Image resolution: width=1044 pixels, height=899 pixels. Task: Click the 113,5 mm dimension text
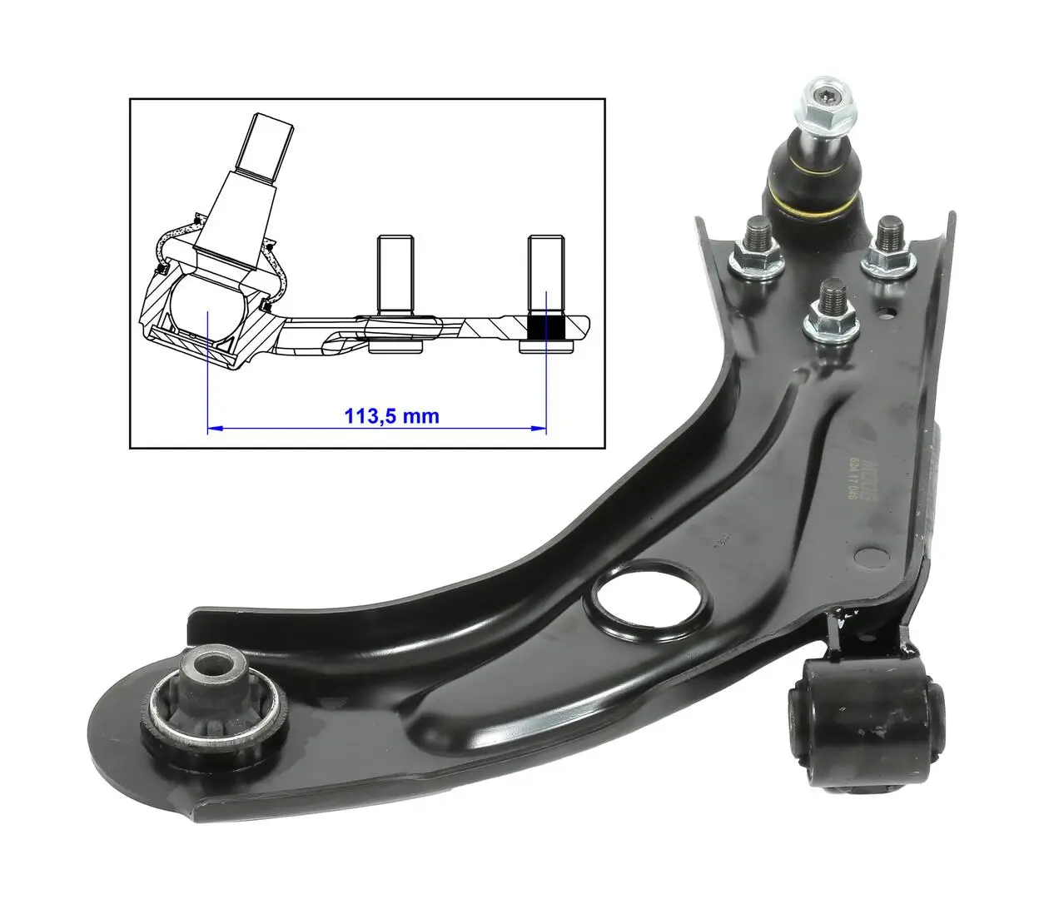click(x=391, y=415)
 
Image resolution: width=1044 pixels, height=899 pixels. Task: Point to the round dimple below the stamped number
click(x=871, y=554)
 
